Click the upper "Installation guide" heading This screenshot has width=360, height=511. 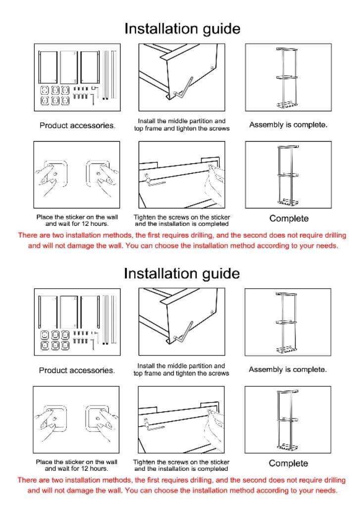point(182,28)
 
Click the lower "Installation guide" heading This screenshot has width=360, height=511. point(182,273)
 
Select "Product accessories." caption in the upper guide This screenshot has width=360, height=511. point(77,125)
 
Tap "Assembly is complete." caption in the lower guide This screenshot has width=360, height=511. point(288,369)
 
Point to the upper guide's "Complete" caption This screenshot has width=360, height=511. point(289,218)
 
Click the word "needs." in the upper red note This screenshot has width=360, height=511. point(326,245)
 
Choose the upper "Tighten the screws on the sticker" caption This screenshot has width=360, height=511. point(182,217)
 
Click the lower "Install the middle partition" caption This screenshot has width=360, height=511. point(181,366)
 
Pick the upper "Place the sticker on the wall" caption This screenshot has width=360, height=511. point(77,217)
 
